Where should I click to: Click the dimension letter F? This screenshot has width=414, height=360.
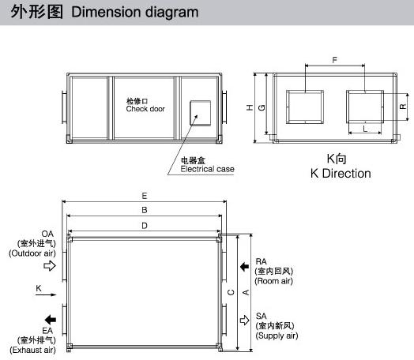tap(334, 60)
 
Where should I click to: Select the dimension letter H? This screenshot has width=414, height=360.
tap(250, 107)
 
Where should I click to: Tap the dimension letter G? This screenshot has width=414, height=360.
tap(262, 107)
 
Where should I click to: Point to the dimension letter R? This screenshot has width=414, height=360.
tap(403, 107)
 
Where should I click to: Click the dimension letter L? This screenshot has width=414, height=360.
tap(365, 129)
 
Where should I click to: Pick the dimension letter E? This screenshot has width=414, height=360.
tap(144, 196)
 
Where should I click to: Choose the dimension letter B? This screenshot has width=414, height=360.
tap(144, 210)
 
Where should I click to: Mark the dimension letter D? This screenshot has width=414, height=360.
tap(145, 226)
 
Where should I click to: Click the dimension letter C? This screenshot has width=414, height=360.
tap(231, 292)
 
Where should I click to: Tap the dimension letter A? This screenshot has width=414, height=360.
tap(246, 292)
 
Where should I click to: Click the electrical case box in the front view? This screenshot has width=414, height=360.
tap(201, 113)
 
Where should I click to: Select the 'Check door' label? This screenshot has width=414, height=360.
tap(145, 109)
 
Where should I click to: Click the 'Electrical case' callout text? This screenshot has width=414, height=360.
tap(207, 169)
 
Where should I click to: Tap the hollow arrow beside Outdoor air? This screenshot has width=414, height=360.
tap(50, 265)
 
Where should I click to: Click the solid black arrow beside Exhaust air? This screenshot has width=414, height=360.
tap(50, 320)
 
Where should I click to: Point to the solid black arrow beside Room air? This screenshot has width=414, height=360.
tap(244, 267)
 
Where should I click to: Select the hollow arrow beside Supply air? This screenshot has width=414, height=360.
tap(244, 321)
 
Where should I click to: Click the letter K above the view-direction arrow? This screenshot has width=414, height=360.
tap(39, 288)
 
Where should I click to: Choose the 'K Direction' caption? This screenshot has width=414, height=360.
tap(341, 173)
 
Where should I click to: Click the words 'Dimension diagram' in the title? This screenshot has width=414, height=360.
tap(135, 12)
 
